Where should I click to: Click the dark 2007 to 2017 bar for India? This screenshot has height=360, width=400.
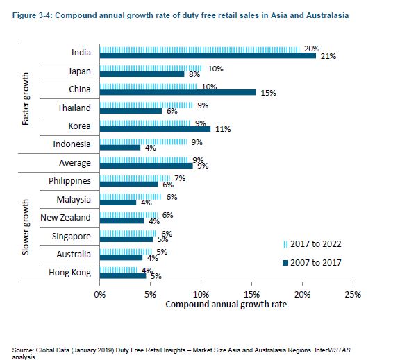click(x=208, y=55)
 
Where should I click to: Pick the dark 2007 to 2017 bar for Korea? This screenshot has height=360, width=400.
click(x=155, y=128)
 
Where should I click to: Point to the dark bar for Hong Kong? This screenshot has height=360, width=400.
click(x=123, y=275)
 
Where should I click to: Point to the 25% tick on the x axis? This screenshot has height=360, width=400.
click(x=353, y=294)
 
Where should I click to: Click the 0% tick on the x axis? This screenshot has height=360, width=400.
click(x=100, y=294)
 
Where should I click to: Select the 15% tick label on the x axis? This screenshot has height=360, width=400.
click(x=251, y=294)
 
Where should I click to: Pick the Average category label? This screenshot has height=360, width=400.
click(x=74, y=163)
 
